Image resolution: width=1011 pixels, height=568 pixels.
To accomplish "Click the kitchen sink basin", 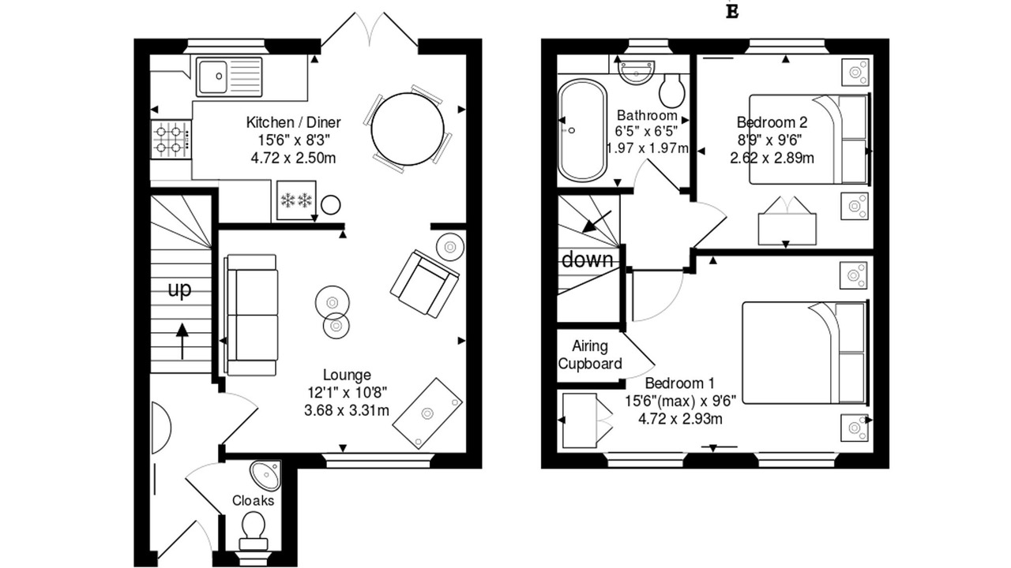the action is point(213,77).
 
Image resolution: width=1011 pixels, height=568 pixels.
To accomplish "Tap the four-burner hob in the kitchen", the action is point(171,140).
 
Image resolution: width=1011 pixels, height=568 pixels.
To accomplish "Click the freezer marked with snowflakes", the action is point(296,200).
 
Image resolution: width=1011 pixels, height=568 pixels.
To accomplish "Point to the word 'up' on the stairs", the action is point(179,289).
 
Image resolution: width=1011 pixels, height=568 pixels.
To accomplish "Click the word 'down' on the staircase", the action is point(587,260).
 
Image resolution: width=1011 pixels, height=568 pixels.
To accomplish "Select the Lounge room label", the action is point(347,375).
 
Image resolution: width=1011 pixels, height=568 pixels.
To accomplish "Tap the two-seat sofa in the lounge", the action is point(251,315).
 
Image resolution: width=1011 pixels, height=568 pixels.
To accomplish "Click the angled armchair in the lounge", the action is point(425,284).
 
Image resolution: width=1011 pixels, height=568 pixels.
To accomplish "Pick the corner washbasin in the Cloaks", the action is point(267,474).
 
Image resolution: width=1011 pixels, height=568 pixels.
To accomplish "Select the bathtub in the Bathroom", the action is point(582,130).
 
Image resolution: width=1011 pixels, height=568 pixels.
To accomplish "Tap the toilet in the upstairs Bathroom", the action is point(672,90).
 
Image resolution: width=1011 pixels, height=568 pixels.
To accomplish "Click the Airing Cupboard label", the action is point(590,355).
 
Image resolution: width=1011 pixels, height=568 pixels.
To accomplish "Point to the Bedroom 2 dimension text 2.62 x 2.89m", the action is point(772,159).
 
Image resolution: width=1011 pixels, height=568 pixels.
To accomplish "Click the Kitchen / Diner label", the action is point(293,122).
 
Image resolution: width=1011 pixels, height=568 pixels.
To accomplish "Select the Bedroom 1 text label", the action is point(680,383).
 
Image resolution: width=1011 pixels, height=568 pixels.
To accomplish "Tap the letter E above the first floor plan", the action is point(732,11).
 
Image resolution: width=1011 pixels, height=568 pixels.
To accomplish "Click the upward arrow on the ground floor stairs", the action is point(182,341).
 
